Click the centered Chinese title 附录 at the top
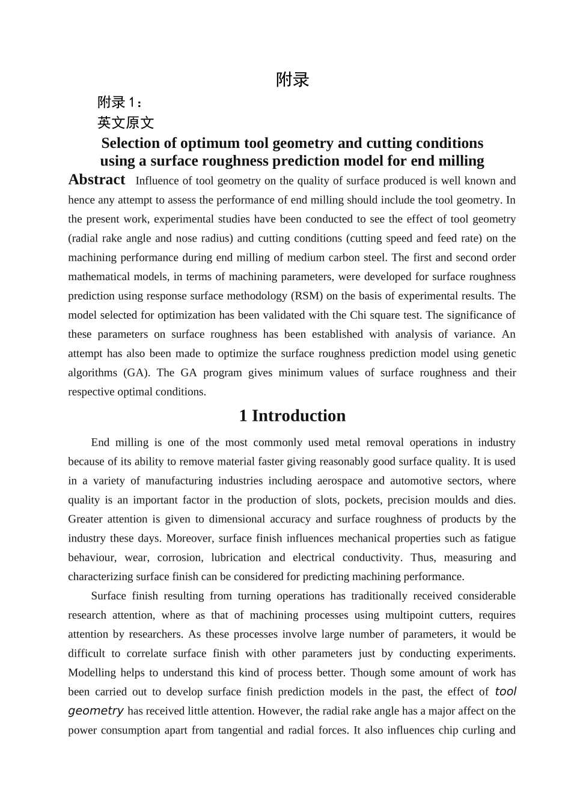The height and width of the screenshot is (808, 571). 292,79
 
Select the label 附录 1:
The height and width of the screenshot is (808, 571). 120,102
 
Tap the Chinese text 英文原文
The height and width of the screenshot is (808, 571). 126,123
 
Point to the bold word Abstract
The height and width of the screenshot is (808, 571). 97,180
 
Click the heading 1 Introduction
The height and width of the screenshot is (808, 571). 292,416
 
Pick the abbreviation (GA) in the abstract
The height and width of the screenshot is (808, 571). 137,373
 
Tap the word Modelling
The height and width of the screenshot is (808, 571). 91,673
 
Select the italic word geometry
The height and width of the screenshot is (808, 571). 96,711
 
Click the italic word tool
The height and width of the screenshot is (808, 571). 505,692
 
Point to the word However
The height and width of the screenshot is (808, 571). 279,711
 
